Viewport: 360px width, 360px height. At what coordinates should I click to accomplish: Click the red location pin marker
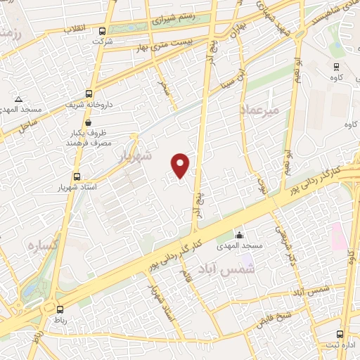point(181,165)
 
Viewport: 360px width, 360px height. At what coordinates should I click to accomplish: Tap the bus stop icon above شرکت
point(103,31)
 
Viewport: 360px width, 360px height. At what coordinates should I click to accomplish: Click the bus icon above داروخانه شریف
point(89,94)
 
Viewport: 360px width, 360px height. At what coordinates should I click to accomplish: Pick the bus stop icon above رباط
point(59,308)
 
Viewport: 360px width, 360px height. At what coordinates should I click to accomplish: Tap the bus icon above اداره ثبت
point(340,334)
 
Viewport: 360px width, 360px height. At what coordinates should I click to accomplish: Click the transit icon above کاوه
point(336,67)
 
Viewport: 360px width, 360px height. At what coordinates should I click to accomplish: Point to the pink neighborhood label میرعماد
point(259,110)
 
